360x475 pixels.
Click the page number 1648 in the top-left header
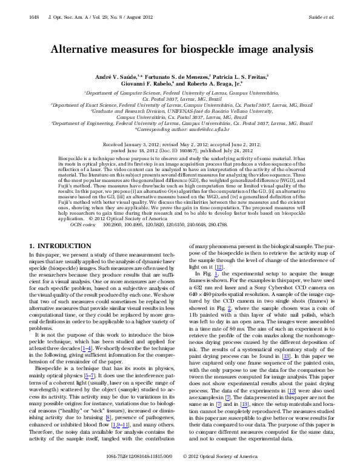pyautogui.click(x=35, y=18)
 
